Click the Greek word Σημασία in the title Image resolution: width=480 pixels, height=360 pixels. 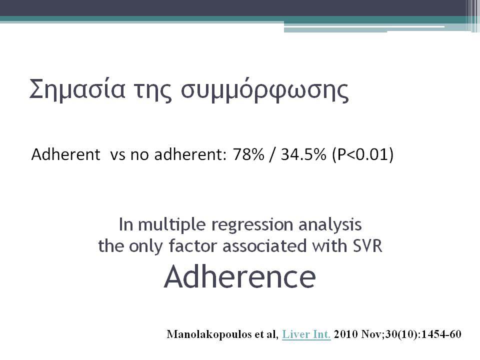point(77,89)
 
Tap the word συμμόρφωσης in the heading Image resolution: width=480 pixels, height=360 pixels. point(265,91)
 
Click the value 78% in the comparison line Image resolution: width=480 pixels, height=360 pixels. point(248,154)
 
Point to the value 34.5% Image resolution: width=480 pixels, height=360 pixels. point(303,154)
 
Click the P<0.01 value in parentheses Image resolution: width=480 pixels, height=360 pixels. point(363,154)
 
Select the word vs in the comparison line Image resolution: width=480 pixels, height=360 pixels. point(117,155)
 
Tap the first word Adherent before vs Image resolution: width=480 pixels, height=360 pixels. point(65,154)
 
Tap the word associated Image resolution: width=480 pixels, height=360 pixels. point(264,246)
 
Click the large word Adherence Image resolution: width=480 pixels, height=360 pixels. point(239,276)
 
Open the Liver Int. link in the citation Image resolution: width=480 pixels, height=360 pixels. point(306,334)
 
